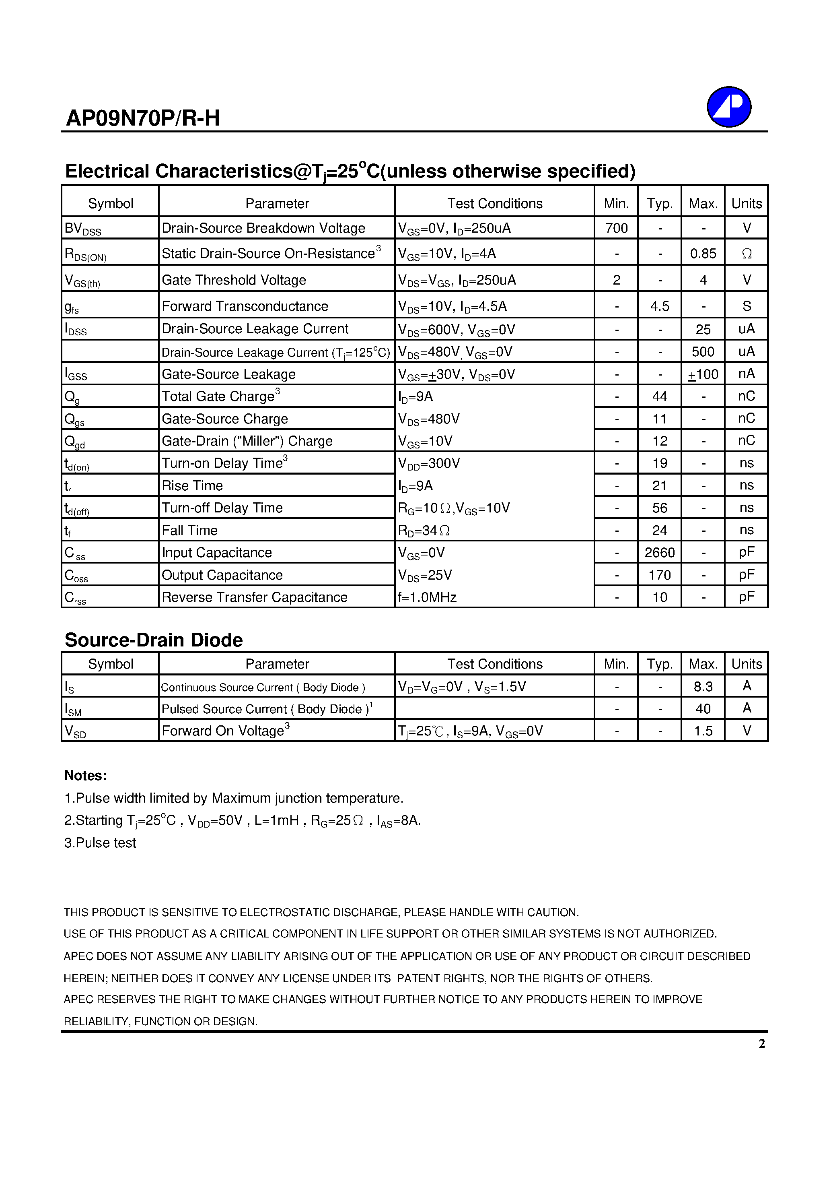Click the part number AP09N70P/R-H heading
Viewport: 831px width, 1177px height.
point(143,118)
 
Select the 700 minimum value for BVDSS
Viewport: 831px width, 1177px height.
point(616,228)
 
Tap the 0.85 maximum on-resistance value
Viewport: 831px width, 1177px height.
point(703,254)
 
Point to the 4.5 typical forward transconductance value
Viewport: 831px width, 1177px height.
point(659,306)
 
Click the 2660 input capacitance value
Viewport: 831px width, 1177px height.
point(659,553)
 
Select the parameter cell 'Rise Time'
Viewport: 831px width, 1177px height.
point(192,485)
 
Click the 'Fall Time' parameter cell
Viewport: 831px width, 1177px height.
point(189,530)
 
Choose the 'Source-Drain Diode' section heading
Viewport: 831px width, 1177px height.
point(154,640)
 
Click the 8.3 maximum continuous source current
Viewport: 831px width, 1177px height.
point(703,686)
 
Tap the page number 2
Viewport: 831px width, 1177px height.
point(762,1044)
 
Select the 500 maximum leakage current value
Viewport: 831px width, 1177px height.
point(703,352)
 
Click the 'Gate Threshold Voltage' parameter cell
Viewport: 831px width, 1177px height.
point(234,280)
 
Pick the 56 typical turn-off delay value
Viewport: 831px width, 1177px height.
point(659,508)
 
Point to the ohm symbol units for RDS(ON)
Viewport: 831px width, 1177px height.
point(747,254)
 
